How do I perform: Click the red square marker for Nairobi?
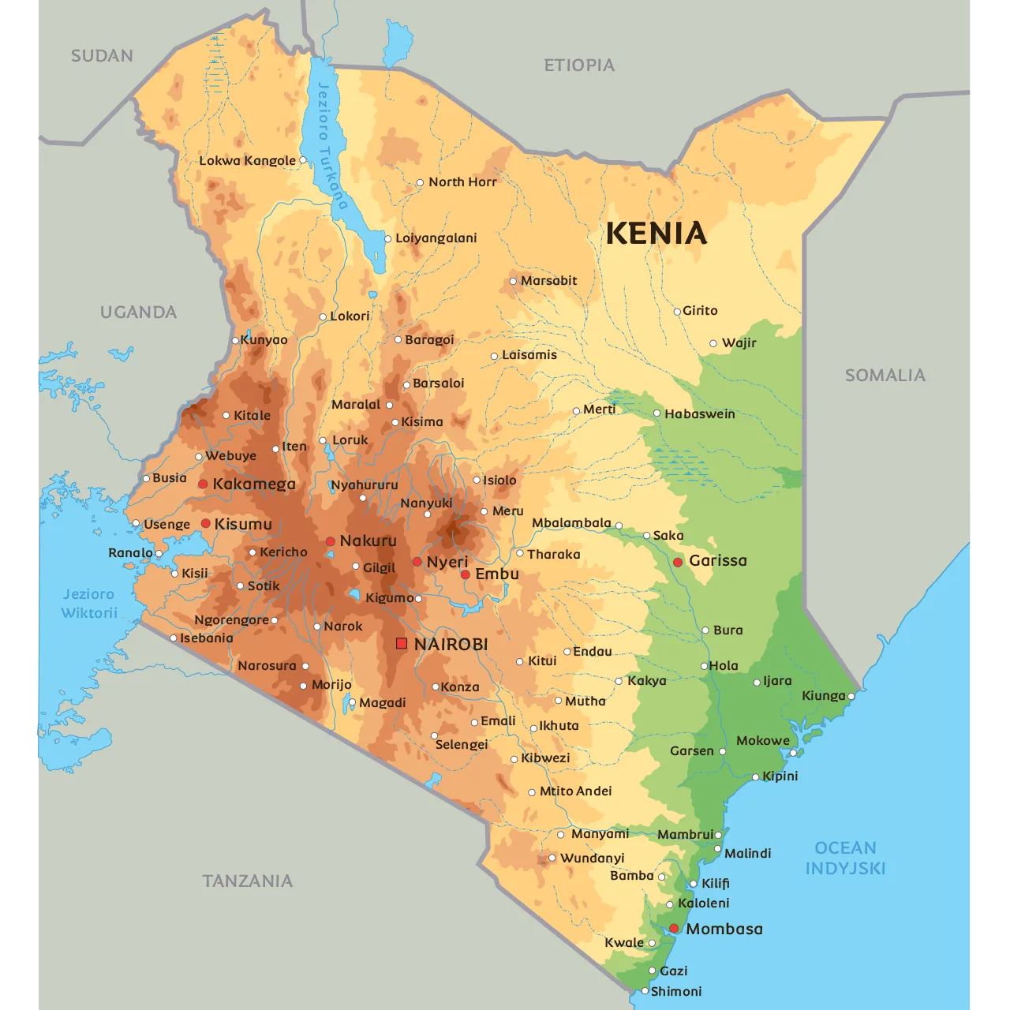(402, 644)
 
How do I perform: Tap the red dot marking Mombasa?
(674, 929)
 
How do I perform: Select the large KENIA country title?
(656, 234)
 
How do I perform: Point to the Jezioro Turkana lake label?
(332, 145)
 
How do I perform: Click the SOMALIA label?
(885, 376)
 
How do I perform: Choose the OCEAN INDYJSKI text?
(845, 858)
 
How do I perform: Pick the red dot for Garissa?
(678, 562)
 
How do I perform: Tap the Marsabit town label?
(548, 281)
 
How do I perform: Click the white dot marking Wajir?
(713, 343)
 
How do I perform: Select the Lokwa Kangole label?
(247, 161)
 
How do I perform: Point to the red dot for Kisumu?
(205, 524)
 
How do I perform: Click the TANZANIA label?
(247, 881)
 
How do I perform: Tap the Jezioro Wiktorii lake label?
(89, 604)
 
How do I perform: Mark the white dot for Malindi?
(718, 849)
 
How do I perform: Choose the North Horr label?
(462, 182)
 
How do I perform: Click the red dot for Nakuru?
(331, 541)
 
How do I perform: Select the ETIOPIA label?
(579, 65)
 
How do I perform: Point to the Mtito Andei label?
(575, 791)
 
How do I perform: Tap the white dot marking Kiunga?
(851, 696)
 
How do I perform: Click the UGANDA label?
(138, 312)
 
